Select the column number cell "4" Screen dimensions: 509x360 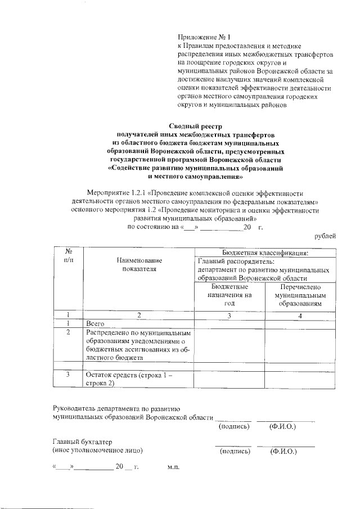[301, 315]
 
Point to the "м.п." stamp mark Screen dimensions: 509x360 [173, 467]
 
